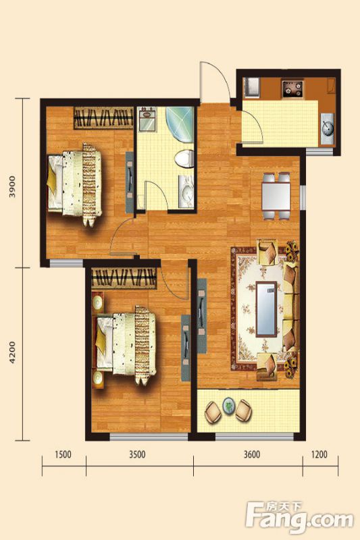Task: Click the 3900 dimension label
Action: click(13, 186)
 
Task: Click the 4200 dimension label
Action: click(13, 352)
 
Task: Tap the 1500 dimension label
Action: click(63, 454)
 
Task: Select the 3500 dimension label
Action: click(137, 454)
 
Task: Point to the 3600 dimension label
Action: click(252, 454)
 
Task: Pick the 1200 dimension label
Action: click(319, 454)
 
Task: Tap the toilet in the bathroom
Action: click(183, 159)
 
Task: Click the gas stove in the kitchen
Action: click(292, 89)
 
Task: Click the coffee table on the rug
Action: click(266, 309)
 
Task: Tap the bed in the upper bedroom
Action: click(74, 184)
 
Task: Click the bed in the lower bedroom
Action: click(125, 345)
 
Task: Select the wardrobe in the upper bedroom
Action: click(103, 117)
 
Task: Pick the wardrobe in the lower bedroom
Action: click(124, 278)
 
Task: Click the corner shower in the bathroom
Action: click(180, 125)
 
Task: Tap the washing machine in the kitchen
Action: click(328, 128)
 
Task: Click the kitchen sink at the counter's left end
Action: click(251, 88)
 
